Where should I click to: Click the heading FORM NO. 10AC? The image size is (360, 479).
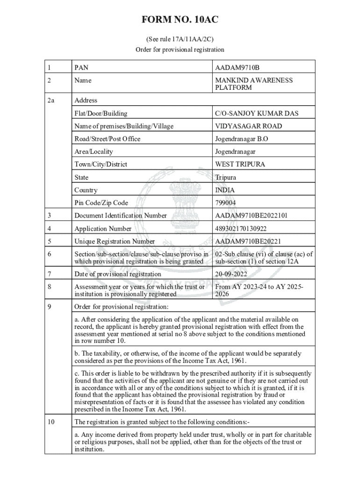pyautogui.click(x=180, y=20)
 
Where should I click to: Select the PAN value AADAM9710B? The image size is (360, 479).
pyautogui.click(x=237, y=68)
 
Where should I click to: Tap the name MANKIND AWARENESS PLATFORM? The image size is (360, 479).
pyautogui.click(x=253, y=84)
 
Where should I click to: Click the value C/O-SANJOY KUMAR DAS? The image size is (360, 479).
pyautogui.click(x=257, y=113)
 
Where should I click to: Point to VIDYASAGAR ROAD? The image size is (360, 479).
pyautogui.click(x=248, y=126)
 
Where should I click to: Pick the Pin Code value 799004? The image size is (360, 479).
pyautogui.click(x=225, y=203)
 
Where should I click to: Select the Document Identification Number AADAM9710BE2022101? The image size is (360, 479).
pyautogui.click(x=251, y=216)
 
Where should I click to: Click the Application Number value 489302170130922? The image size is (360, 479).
pyautogui.click(x=244, y=229)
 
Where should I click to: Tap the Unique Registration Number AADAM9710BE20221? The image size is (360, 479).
pyautogui.click(x=248, y=241)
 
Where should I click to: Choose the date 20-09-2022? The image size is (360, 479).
pyautogui.click(x=231, y=274)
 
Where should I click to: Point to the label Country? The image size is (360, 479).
pyautogui.click(x=86, y=190)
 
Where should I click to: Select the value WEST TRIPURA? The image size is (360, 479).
pyautogui.click(x=240, y=164)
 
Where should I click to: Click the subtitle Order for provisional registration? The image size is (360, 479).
pyautogui.click(x=180, y=50)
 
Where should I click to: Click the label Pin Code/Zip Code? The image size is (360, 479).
pyautogui.click(x=101, y=203)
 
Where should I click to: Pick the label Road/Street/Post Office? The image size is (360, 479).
pyautogui.click(x=107, y=138)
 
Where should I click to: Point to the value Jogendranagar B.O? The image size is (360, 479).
pyautogui.click(x=241, y=138)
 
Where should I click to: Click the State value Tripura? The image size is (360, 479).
pyautogui.click(x=225, y=177)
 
